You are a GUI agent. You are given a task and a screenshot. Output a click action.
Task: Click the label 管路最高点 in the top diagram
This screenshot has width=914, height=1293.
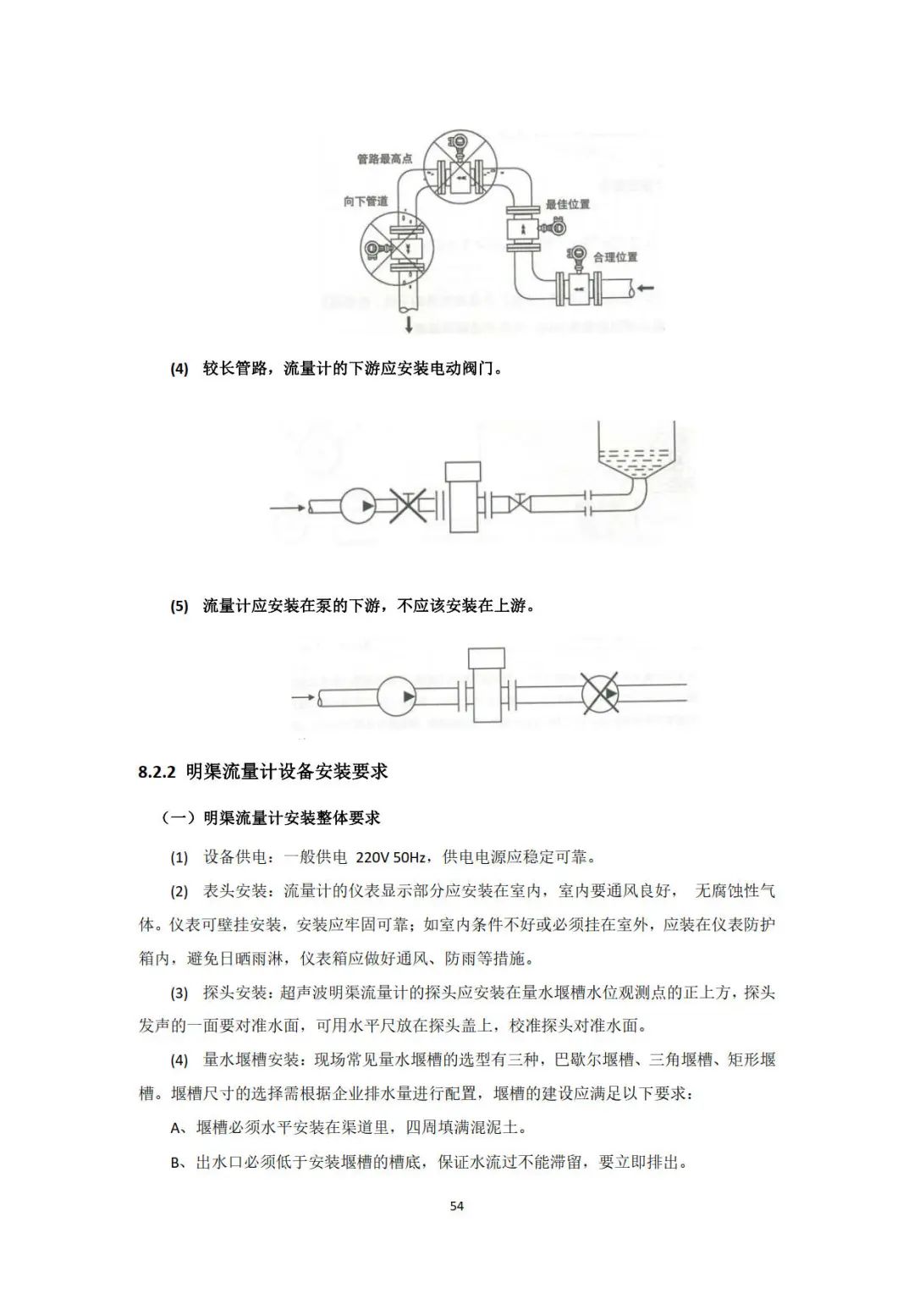pos(384,159)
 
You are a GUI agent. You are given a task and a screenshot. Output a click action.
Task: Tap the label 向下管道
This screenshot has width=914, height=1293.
pos(366,201)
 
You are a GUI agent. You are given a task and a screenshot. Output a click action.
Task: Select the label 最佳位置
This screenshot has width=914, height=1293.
pos(568,205)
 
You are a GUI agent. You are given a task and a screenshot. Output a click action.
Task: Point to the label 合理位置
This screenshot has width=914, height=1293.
pos(615,257)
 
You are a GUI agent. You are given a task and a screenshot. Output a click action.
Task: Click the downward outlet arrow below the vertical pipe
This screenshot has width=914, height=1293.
pos(409,325)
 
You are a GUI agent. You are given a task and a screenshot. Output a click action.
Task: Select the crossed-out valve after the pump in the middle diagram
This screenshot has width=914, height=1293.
pos(407,506)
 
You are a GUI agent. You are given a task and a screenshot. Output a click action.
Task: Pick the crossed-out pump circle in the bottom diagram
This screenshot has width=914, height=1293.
pos(600,695)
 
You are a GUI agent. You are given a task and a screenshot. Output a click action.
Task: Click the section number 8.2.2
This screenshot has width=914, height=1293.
pos(157,773)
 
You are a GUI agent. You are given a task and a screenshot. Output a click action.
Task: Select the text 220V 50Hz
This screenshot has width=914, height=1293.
pos(390,857)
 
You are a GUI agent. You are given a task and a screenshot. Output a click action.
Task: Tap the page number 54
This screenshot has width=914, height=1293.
pos(457,1206)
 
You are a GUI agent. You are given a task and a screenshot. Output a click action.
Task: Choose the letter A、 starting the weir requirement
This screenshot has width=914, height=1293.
pos(180,1128)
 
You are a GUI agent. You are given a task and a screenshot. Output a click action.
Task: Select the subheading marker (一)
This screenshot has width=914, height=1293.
pos(179,818)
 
